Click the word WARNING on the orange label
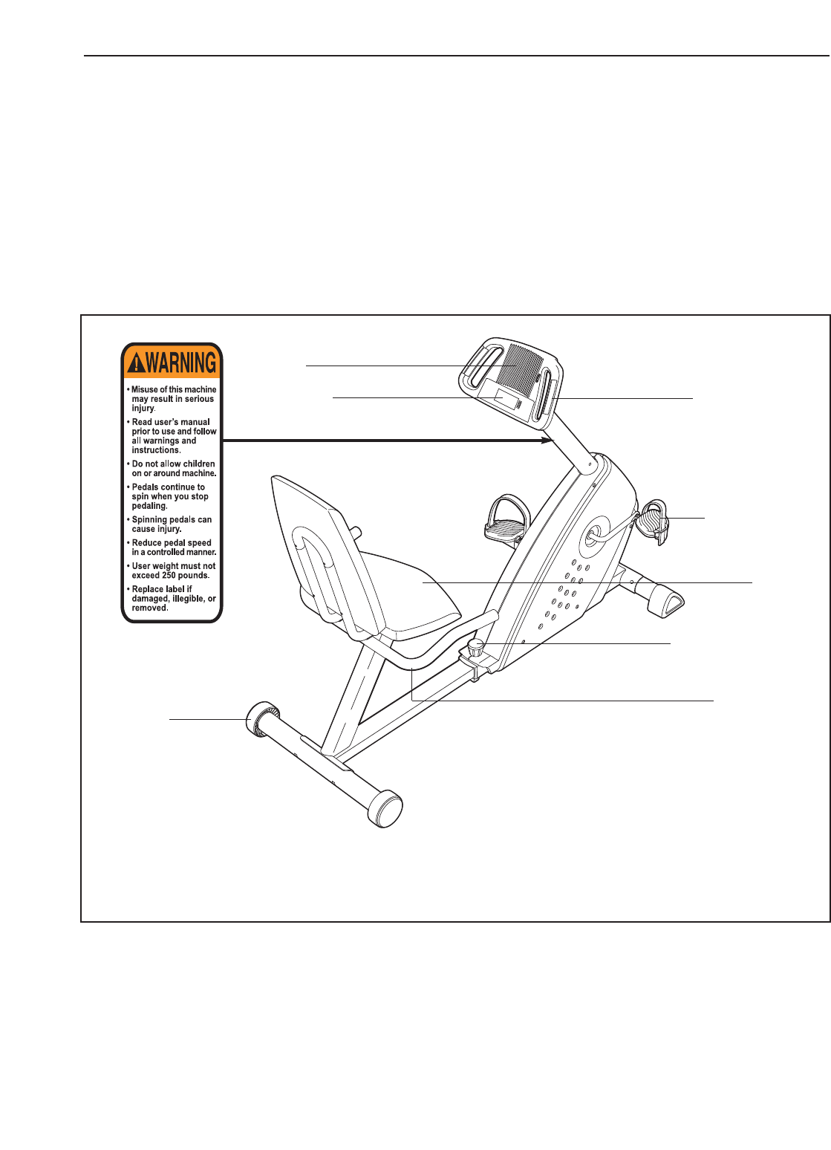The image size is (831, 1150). tap(181, 363)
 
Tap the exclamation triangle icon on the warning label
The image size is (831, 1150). tap(135, 363)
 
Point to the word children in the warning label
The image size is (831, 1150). tap(199, 464)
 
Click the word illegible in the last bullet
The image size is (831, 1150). tap(186, 599)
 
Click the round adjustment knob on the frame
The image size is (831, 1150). tap(476, 646)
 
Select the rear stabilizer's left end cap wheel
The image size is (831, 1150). tap(260, 718)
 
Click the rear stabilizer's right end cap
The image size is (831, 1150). tap(385, 809)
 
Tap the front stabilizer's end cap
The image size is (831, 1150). tap(666, 600)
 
